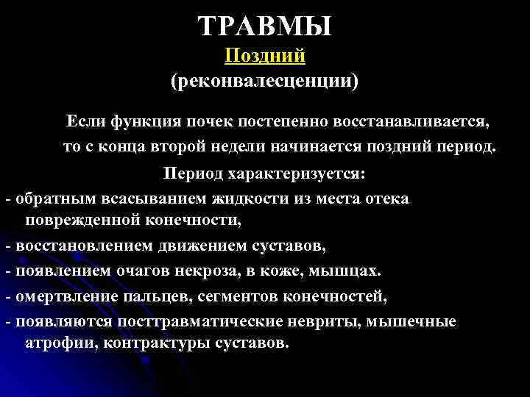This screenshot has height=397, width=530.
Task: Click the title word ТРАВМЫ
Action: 265,27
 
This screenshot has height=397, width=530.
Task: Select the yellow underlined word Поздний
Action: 265,56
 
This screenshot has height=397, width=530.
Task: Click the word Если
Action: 84,119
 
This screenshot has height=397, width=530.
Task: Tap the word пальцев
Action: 154,297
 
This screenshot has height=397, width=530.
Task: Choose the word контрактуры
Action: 143,343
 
